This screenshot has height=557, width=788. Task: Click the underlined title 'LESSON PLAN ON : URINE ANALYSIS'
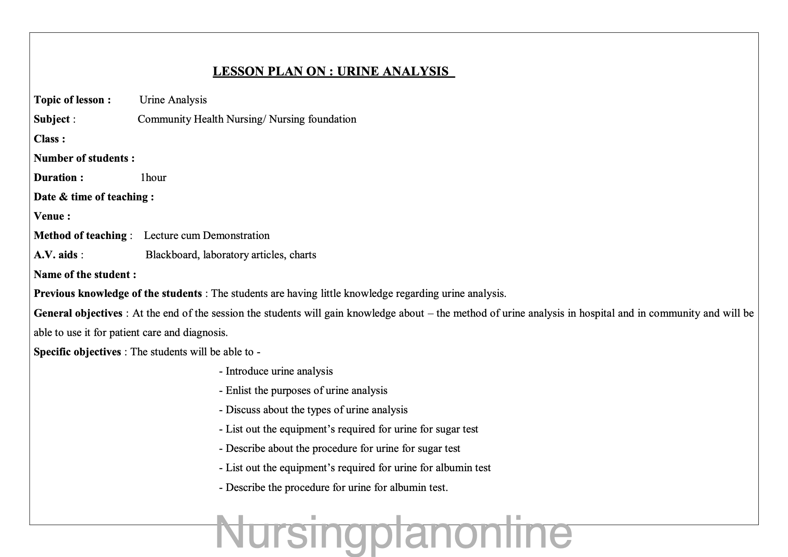[333, 71]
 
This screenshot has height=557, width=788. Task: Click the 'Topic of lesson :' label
[72, 100]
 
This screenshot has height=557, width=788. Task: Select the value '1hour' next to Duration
[153, 178]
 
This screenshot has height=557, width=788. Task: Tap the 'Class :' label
[49, 139]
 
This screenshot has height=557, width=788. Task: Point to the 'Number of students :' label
[84, 158]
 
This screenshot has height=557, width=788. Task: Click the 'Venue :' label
[52, 216]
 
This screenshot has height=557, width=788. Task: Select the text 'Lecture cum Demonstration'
[207, 235]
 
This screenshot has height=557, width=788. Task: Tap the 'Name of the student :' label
[85, 274]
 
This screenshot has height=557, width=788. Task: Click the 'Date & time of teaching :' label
[94, 197]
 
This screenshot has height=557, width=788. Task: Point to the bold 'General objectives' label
[78, 313]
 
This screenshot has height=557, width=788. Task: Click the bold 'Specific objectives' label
[77, 352]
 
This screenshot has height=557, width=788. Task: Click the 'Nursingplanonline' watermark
[394, 532]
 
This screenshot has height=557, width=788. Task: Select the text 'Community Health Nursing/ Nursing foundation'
[247, 119]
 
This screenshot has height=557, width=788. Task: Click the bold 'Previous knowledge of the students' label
[118, 293]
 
